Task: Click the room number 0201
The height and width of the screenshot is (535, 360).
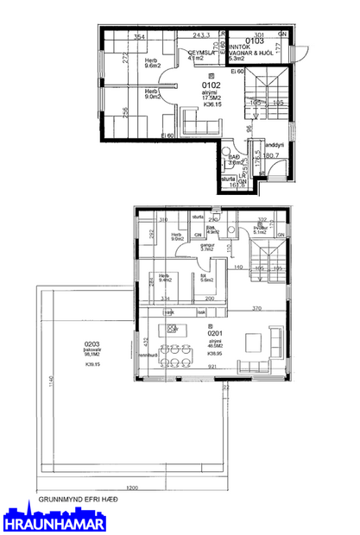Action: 216,332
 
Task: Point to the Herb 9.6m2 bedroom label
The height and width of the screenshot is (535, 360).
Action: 153,62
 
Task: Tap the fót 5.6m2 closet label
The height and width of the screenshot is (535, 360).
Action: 206,277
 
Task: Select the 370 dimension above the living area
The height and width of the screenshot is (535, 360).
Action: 256,308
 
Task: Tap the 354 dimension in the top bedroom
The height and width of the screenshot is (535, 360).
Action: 138,38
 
